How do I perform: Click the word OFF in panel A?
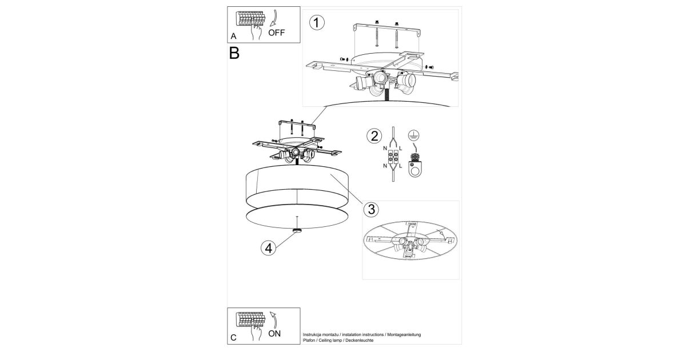(x=276, y=33)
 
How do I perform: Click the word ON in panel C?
(x=274, y=333)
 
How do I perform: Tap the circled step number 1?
(x=317, y=23)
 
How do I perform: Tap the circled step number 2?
(x=374, y=136)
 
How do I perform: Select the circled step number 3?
(x=371, y=209)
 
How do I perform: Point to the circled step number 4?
(x=268, y=248)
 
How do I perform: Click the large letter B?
(x=234, y=53)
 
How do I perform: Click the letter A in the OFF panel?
(x=233, y=37)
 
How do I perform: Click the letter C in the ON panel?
(x=233, y=338)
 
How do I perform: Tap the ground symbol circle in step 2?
(x=414, y=135)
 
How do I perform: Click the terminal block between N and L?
(x=393, y=157)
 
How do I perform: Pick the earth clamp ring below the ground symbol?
(x=415, y=169)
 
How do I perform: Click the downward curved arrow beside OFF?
(x=273, y=18)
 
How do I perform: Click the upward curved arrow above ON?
(x=274, y=319)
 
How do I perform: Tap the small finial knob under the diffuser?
(x=297, y=230)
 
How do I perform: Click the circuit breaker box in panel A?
(x=250, y=19)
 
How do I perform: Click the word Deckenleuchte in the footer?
(x=359, y=341)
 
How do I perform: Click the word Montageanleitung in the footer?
(x=404, y=335)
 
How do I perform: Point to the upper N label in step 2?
(x=385, y=149)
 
